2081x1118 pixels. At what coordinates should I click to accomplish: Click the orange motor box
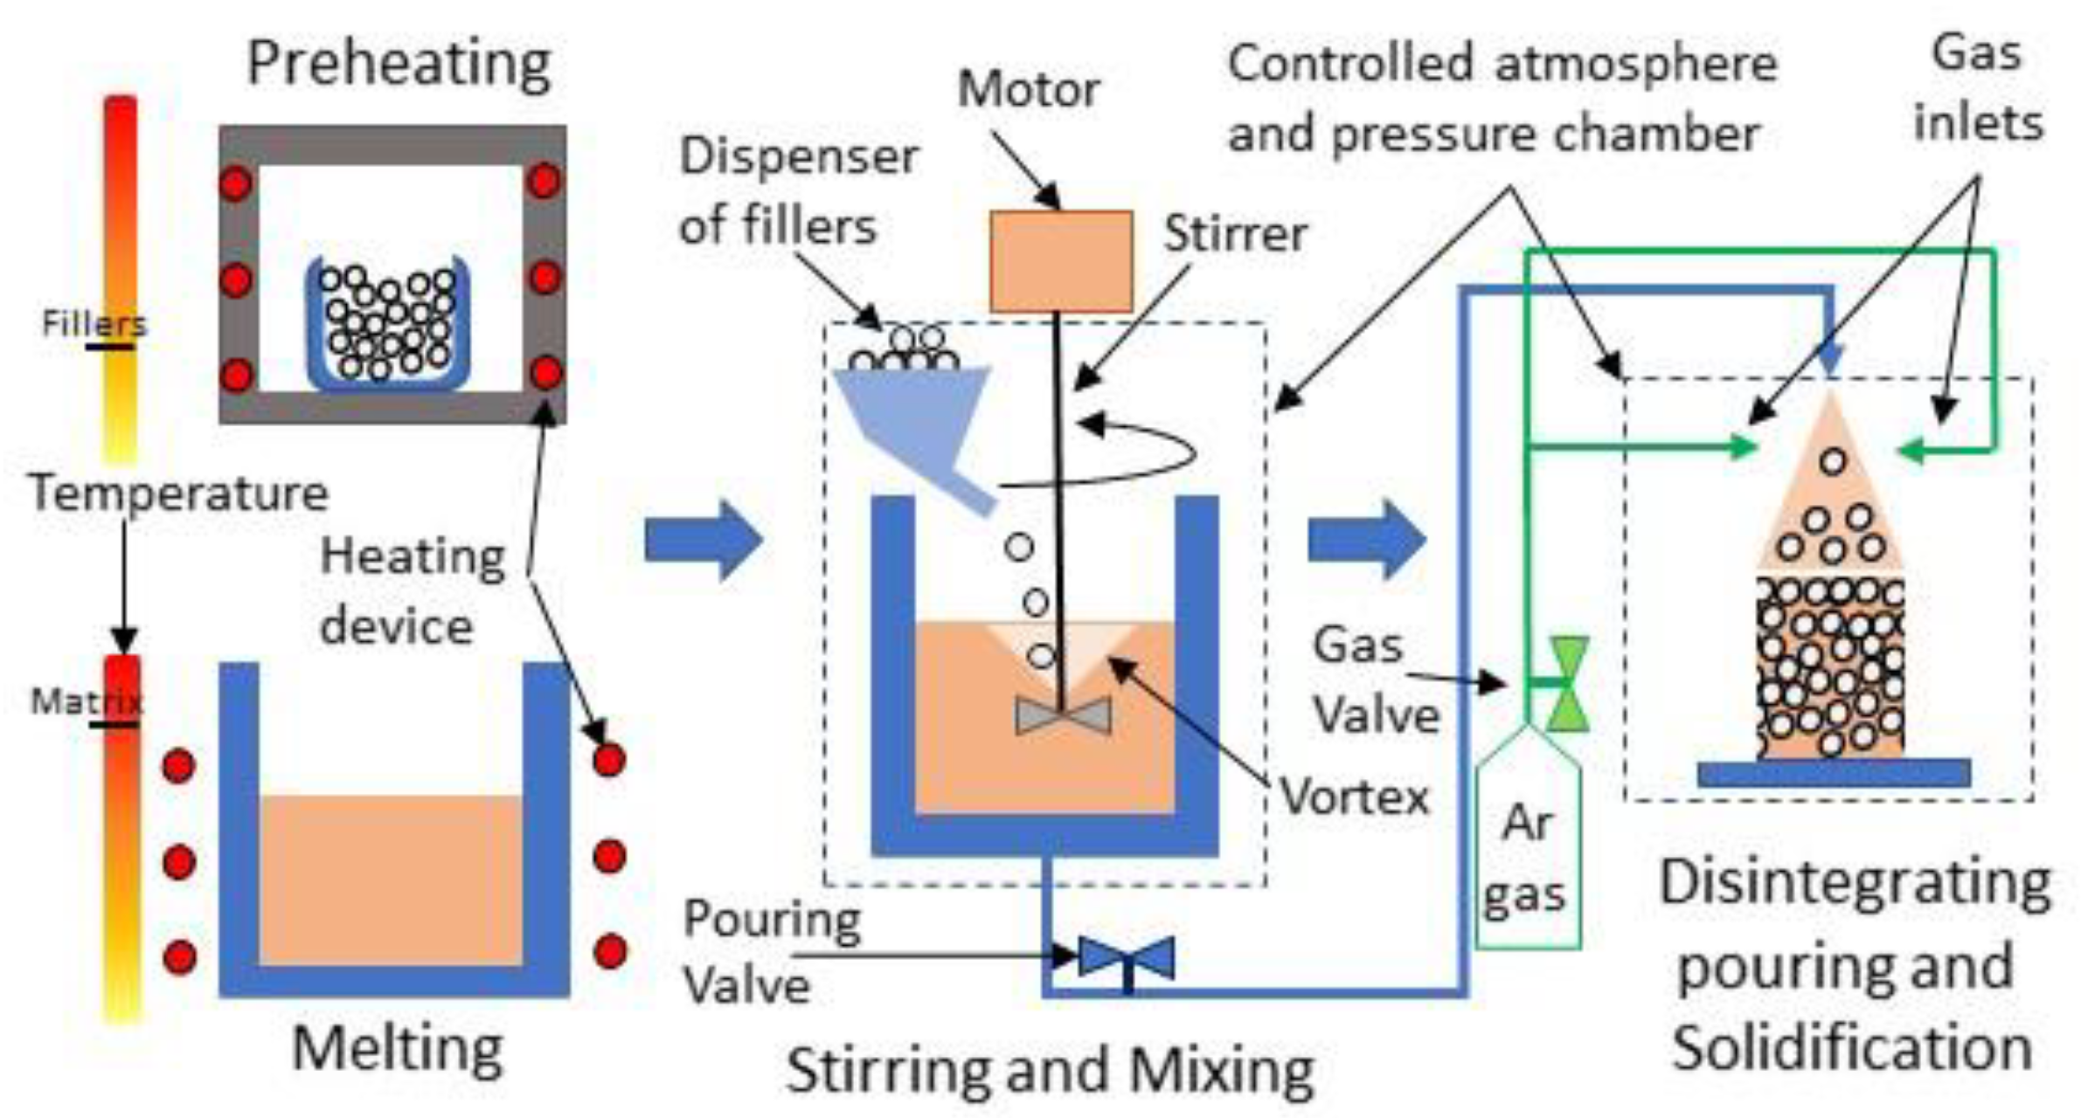pos(1060,261)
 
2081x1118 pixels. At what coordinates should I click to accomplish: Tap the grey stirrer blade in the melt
pos(1063,715)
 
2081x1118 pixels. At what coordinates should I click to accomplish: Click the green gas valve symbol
pos(1566,684)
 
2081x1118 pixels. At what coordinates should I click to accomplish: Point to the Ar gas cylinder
pos(1528,856)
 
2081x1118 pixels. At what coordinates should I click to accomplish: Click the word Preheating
pos(399,63)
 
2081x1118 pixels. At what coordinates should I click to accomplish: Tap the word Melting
pos(398,1047)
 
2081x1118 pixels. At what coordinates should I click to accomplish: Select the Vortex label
pos(1354,797)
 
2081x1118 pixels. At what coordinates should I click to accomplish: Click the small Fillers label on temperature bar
pos(94,324)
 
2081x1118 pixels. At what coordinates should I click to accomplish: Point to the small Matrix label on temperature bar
pos(86,701)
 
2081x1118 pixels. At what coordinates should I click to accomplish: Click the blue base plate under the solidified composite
pos(1833,773)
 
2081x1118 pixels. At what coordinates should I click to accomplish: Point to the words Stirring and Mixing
pos(1050,1070)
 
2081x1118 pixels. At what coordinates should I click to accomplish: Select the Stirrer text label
pos(1235,234)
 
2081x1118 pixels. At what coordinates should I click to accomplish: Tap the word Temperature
pos(179,493)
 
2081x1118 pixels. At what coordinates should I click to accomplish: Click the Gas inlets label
pos(1977,87)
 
